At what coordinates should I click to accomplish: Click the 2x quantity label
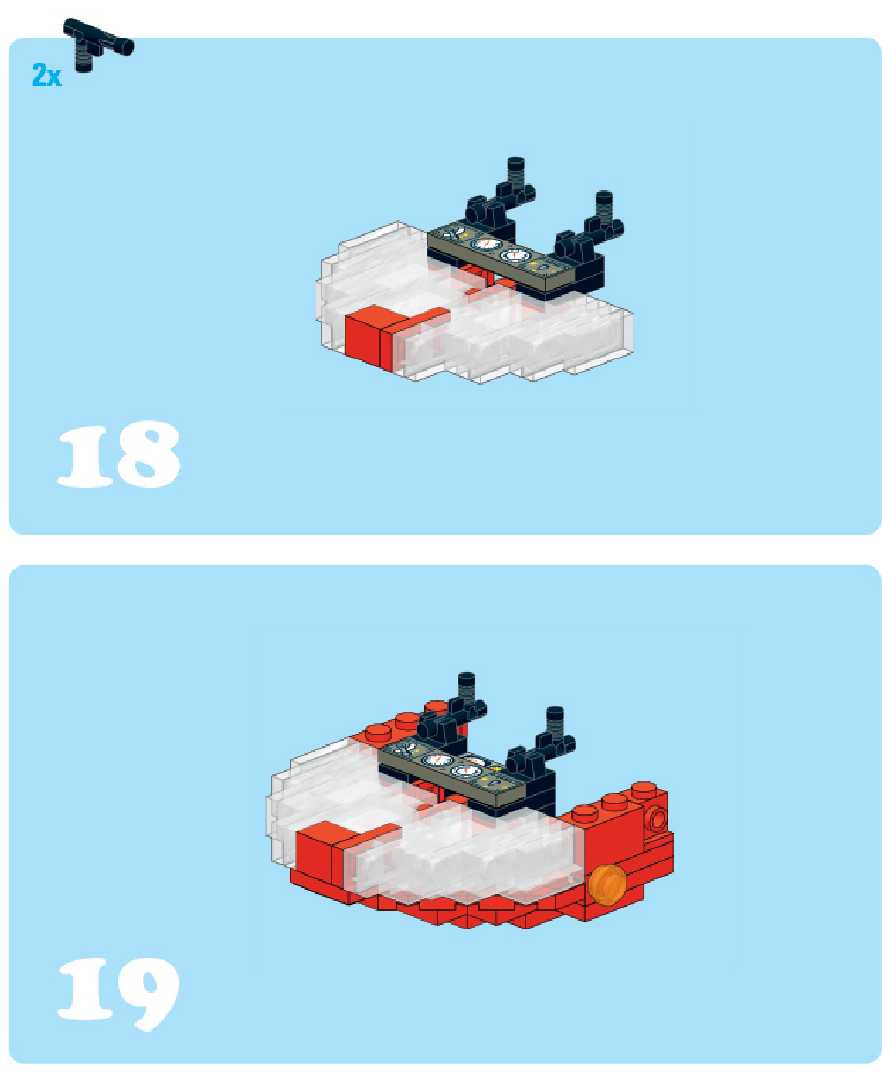(46, 75)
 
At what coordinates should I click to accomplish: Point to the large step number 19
(119, 993)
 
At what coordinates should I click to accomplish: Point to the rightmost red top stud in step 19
(644, 790)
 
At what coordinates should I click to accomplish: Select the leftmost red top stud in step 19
(379, 732)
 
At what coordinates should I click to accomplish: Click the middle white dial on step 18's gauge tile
(487, 244)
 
